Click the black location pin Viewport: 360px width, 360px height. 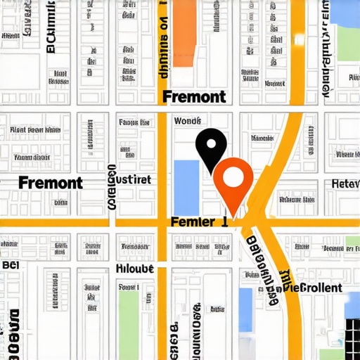pos(211,146)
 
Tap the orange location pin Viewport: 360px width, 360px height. pos(233,180)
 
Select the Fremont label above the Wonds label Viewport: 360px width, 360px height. pos(193,97)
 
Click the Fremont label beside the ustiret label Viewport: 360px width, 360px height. pos(51,184)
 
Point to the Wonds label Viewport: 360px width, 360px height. pos(187,120)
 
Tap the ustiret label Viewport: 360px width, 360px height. pos(132,180)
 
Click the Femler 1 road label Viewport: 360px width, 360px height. pos(199,221)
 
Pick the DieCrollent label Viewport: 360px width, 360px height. pos(311,288)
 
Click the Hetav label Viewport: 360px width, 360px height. pos(345,184)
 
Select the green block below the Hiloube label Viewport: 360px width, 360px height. pos(129,316)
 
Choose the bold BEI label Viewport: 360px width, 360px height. pos(10,265)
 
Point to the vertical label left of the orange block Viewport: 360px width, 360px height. pos(163,42)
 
